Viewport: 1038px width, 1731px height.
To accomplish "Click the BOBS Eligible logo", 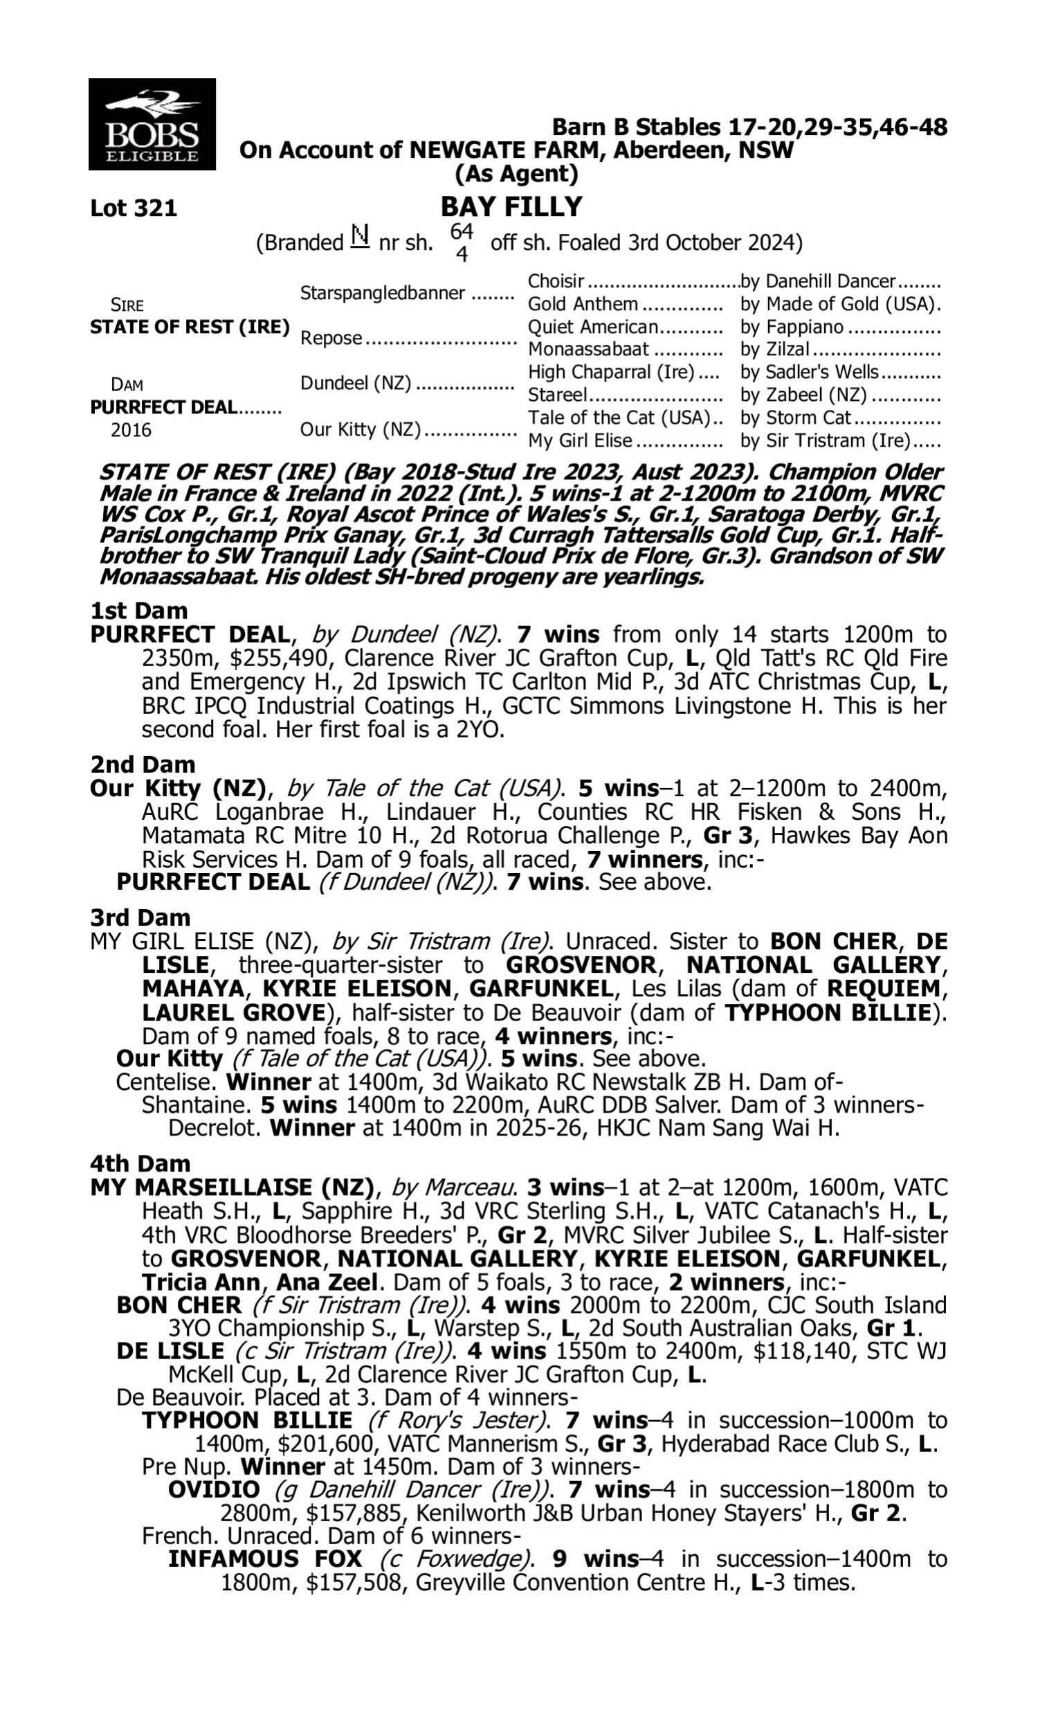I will coord(152,125).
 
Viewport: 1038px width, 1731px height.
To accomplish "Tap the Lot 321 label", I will coord(134,208).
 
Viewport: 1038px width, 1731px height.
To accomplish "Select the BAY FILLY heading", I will coord(511,207).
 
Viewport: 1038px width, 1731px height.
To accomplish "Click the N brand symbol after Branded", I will coord(360,237).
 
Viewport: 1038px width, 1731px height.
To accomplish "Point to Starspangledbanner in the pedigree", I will coord(383,293).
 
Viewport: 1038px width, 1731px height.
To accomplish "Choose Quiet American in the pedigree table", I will coord(593,327).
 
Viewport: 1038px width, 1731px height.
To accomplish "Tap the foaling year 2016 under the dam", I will coord(131,430).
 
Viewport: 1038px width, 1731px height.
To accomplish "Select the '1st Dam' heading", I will coord(138,611).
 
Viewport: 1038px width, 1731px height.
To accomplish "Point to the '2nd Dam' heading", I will coord(143,764).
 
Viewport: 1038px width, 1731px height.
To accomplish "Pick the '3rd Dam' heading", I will coord(141,917).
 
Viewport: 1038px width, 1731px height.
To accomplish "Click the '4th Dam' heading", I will coord(140,1163).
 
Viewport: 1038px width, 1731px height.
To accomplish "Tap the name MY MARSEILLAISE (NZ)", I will coord(233,1187).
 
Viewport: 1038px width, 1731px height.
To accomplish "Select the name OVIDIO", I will coord(214,1490).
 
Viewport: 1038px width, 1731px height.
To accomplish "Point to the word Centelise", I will coord(165,1082).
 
